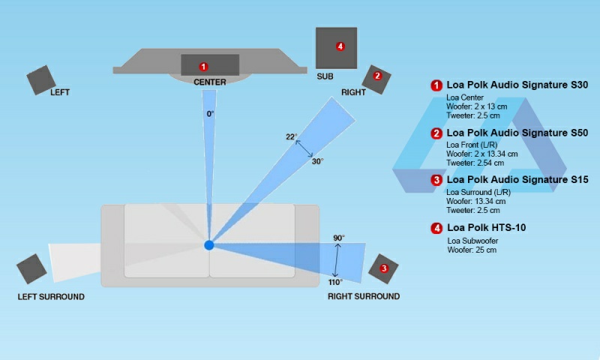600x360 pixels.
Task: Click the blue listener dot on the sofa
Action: [x=209, y=244]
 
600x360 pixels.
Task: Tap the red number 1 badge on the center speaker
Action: [x=203, y=67]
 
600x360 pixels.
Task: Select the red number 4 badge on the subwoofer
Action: [x=340, y=46]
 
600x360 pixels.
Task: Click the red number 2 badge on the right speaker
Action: [x=377, y=76]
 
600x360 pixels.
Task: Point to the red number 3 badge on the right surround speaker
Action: [x=384, y=268]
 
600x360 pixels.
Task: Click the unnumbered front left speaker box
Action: [x=41, y=80]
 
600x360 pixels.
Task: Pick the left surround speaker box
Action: [x=31, y=269]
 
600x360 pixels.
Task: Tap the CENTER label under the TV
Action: [x=210, y=82]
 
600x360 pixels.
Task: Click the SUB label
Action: [x=325, y=76]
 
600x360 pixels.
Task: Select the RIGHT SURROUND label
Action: [x=364, y=296]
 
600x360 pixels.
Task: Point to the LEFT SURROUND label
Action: [x=51, y=297]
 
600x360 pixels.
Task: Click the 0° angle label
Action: [x=211, y=114]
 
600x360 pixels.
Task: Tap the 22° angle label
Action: [x=292, y=136]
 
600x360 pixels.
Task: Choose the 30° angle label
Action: [x=317, y=161]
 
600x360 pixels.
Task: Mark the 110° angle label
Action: [x=335, y=282]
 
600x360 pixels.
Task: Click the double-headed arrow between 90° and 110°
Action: [x=336, y=260]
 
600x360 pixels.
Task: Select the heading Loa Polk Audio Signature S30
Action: [x=517, y=85]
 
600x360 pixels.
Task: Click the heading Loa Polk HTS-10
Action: [x=486, y=228]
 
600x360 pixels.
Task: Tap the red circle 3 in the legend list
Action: [x=436, y=180]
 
